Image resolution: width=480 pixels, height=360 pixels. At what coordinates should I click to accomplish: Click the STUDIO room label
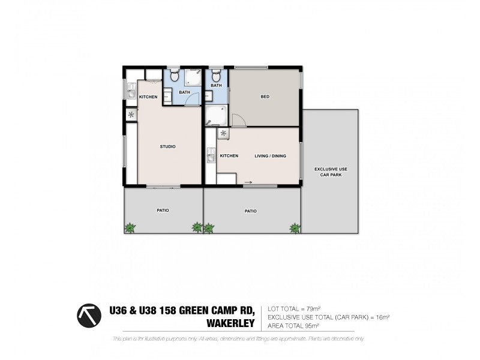coord(167,147)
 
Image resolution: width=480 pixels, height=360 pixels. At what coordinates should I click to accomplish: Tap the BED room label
coord(265,97)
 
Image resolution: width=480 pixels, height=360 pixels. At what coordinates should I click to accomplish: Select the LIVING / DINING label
coord(270,156)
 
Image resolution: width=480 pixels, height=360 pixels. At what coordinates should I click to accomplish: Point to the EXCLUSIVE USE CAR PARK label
coord(331,172)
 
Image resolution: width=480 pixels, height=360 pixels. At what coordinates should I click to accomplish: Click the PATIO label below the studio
coord(163,211)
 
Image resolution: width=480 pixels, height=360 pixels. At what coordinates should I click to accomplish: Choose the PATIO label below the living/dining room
coord(251,211)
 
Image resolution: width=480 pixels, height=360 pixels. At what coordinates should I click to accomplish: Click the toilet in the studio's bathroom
coord(173,76)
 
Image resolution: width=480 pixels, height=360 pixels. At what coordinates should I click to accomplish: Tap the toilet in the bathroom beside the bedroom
coord(215,76)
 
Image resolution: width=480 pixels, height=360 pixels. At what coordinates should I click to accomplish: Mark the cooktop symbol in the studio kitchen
coord(131,115)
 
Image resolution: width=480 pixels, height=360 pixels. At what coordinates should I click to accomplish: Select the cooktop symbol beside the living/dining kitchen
coord(224,134)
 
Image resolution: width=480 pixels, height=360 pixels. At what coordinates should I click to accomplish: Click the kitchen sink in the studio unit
coord(131,91)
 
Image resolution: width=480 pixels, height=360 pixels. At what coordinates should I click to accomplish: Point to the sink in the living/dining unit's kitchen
coord(211,155)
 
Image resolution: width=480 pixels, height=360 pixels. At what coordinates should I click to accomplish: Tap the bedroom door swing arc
coord(236,120)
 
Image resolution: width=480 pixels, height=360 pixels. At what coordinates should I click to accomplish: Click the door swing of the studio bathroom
coord(192,100)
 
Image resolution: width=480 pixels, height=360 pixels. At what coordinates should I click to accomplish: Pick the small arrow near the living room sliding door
coord(248,182)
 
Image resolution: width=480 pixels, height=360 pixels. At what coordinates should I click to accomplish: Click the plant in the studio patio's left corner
coord(130,227)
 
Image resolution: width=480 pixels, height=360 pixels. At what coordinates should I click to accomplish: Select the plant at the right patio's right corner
coord(295,227)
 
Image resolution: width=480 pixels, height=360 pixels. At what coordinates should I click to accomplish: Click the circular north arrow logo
coord(89,315)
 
